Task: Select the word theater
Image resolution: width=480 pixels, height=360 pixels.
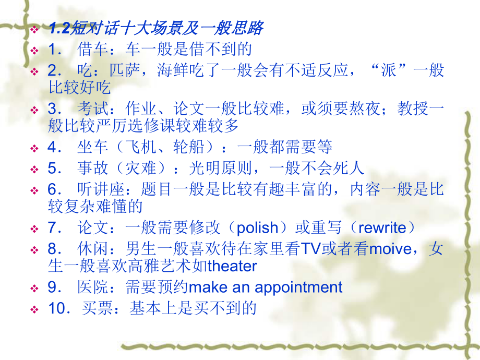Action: point(232,266)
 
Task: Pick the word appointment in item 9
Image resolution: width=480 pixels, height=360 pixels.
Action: point(298,287)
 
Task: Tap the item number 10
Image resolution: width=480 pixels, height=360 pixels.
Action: point(58,308)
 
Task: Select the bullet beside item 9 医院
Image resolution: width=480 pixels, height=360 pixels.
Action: point(34,288)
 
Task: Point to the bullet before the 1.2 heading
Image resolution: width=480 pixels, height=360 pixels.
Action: point(34,29)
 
